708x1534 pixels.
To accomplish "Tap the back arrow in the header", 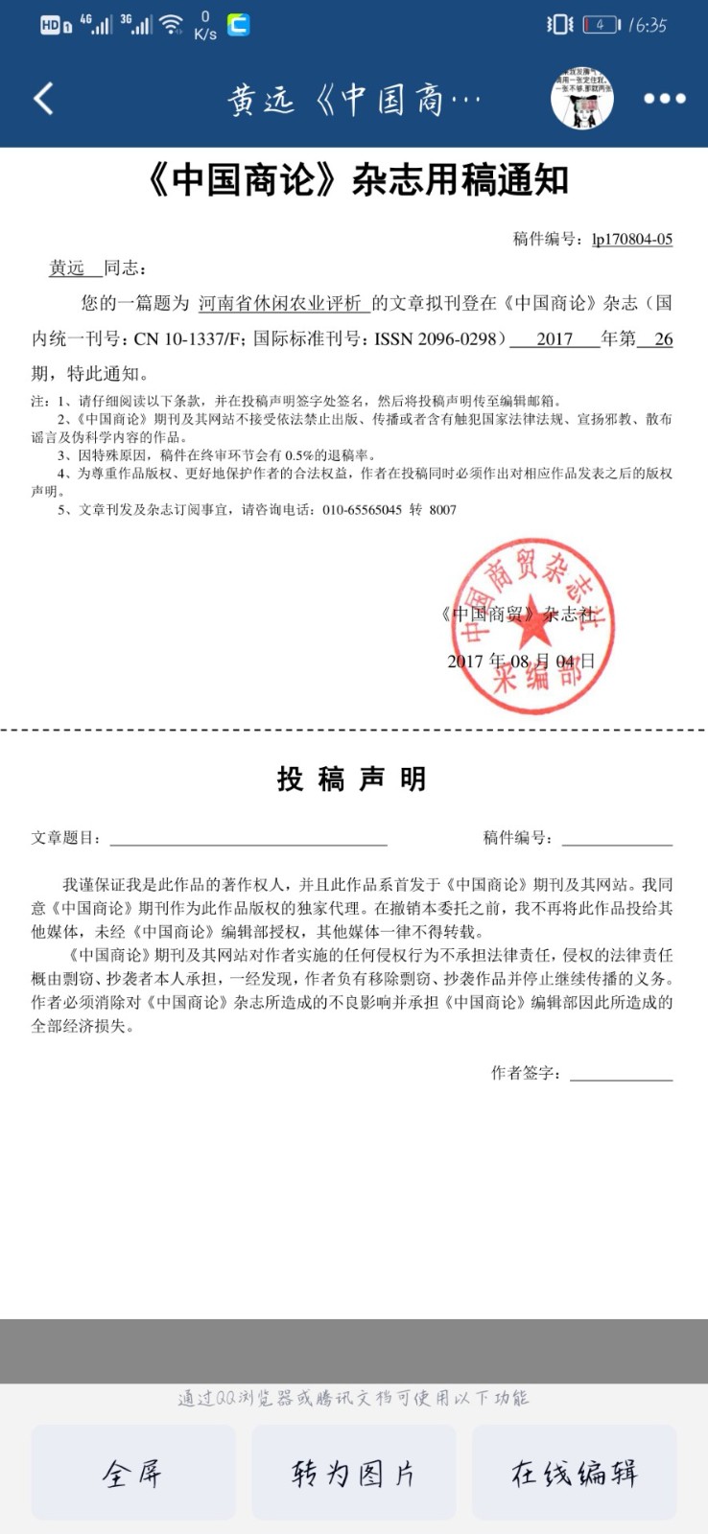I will [43, 98].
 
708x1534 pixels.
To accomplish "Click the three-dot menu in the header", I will [664, 98].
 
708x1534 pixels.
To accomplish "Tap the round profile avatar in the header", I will [582, 98].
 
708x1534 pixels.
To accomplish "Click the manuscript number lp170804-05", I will [631, 239].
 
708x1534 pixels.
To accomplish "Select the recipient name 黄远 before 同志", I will [67, 267].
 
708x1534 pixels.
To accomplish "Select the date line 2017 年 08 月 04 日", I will [521, 661].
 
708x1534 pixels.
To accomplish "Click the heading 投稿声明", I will [351, 779].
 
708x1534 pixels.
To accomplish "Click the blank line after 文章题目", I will [248, 838].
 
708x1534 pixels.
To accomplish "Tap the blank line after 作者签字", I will [621, 1073].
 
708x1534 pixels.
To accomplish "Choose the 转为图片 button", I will [353, 1473].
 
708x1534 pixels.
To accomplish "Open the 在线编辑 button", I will [574, 1473].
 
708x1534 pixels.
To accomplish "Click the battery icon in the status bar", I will [601, 25].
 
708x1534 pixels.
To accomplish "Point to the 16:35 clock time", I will [649, 25].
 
